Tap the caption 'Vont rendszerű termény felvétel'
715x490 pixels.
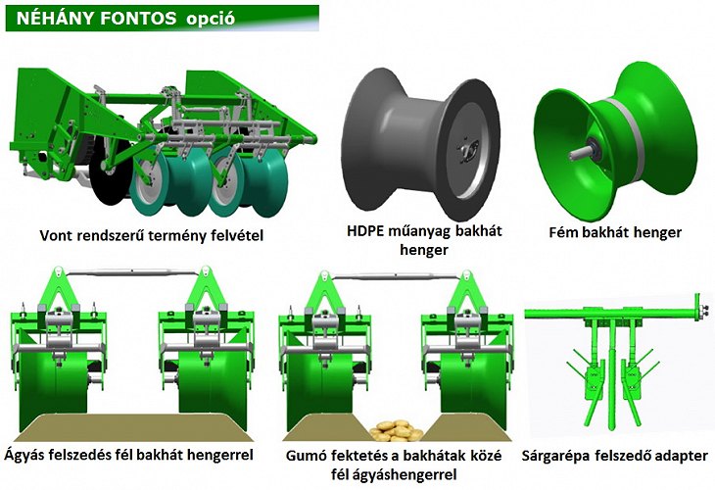152,235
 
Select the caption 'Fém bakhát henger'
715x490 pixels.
615,232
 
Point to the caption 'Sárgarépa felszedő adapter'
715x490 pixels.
615,457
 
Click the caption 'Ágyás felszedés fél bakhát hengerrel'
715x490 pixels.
129,457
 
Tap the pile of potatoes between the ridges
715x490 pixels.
396,430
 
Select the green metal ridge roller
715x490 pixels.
616,141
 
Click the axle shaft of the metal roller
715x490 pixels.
580,152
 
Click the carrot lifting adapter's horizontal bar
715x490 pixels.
611,314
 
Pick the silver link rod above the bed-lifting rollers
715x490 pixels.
132,272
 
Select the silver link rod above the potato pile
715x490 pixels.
395,275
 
